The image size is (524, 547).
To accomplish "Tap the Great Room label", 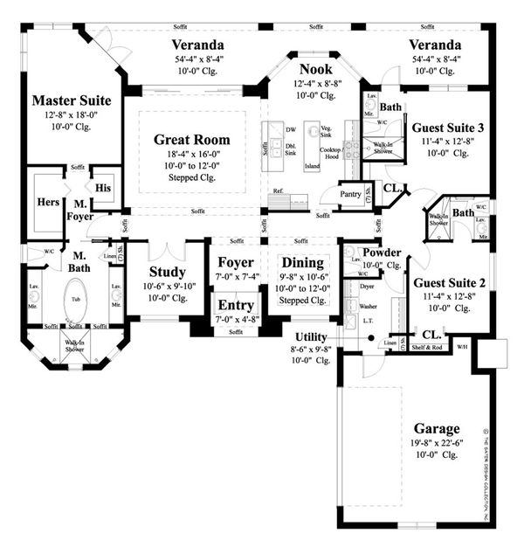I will coord(192,139).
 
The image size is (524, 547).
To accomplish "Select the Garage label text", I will coord(437,428).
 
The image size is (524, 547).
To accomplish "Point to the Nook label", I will coord(316,69).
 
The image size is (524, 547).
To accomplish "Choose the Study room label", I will coord(167,272).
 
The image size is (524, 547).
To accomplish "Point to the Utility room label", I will coord(310,336).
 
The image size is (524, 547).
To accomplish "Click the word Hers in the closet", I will coord(48,202).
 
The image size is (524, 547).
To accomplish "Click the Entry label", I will coord(236,306).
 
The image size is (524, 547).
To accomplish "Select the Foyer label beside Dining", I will coord(236,263).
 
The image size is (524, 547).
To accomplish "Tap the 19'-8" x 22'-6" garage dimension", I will coord(437,442).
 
